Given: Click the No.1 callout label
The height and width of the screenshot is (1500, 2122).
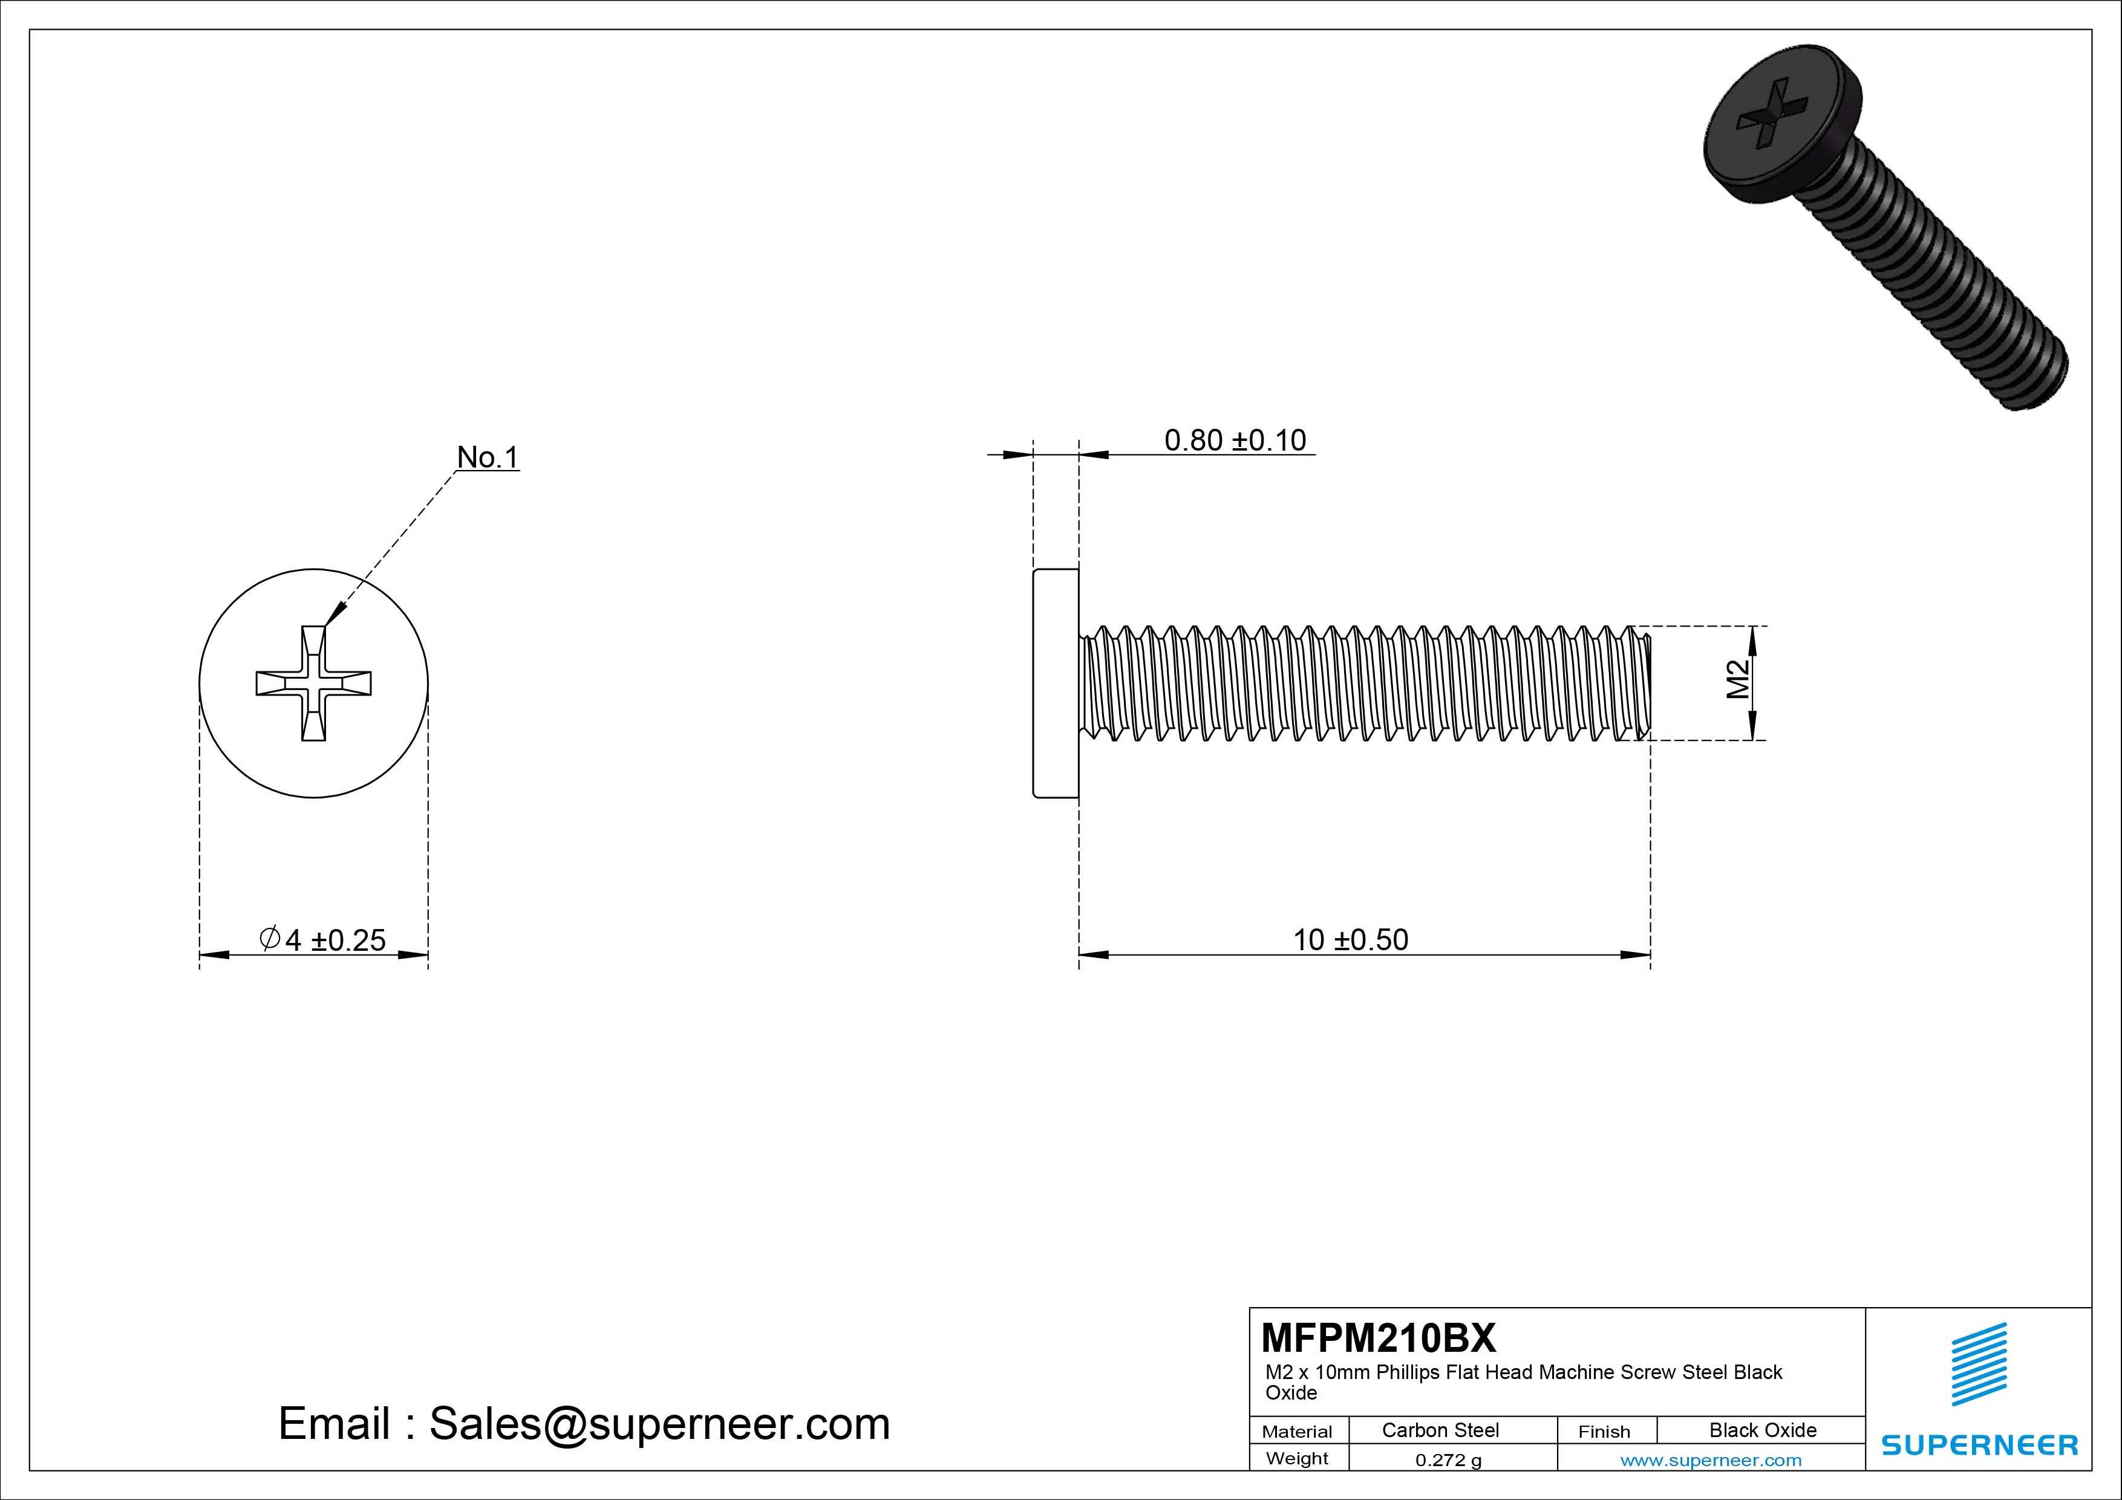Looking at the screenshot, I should tap(488, 457).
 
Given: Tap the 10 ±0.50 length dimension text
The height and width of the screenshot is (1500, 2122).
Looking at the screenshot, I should tap(1350, 940).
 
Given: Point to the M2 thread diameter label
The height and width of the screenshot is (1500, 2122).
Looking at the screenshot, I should tap(1738, 680).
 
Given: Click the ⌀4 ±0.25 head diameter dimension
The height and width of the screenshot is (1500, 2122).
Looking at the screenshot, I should tap(322, 940).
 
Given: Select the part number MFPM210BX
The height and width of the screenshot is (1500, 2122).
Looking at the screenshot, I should tap(1378, 1337).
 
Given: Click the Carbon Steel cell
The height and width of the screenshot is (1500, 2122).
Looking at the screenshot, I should tap(1440, 1430).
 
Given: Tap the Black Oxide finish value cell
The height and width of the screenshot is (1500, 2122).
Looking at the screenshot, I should tap(1763, 1430).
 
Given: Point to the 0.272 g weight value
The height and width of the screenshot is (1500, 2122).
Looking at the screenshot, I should tap(1448, 1460).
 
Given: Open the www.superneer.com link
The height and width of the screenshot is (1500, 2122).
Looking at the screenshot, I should tap(1711, 1460).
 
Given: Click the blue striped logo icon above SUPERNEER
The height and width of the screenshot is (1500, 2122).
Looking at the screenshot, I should tap(1979, 1363).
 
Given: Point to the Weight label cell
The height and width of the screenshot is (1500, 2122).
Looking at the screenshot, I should tap(1297, 1458).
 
